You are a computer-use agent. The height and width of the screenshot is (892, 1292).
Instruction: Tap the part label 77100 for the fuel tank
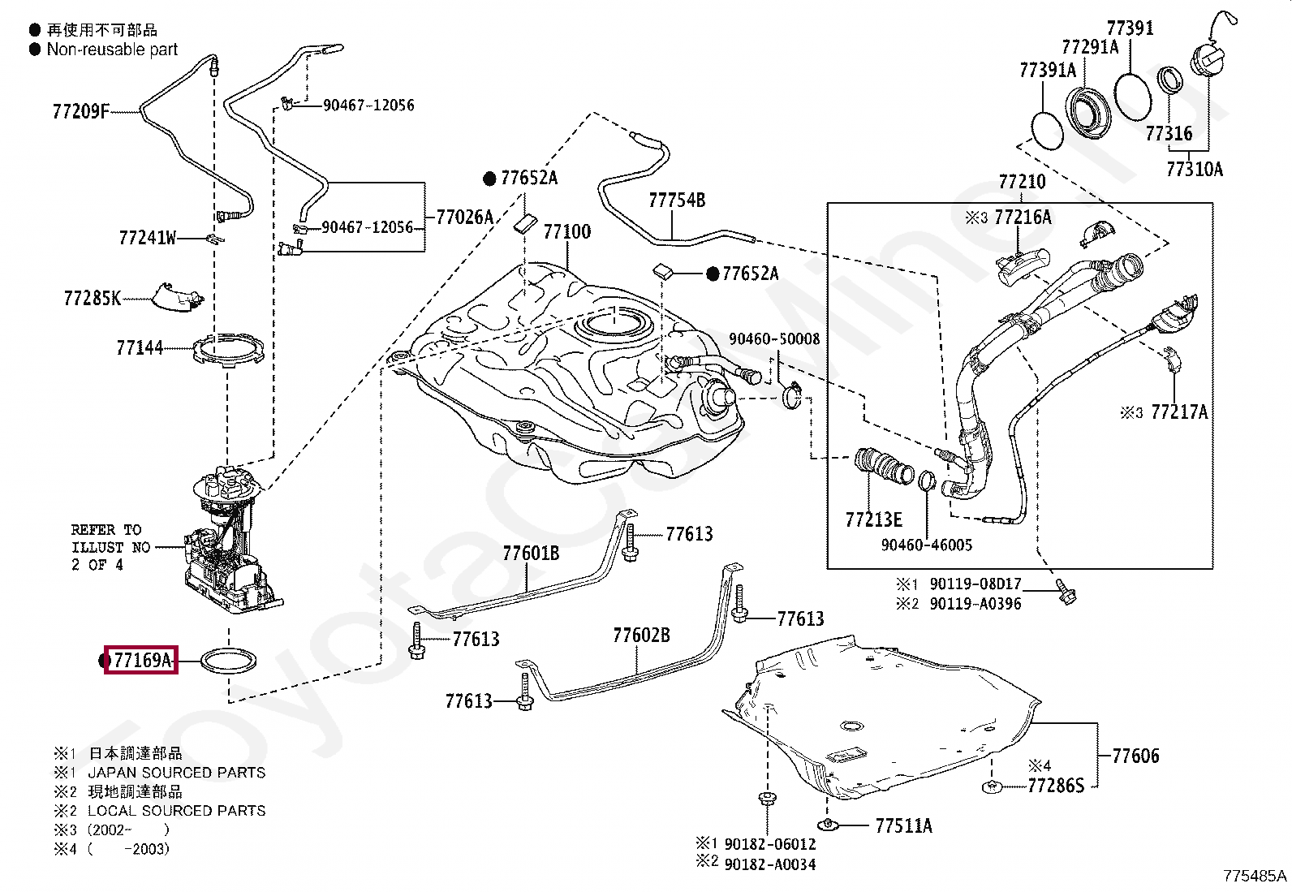(567, 232)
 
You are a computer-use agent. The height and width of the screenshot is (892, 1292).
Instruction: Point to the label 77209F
(80, 111)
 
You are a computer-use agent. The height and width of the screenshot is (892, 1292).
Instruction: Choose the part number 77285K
(93, 299)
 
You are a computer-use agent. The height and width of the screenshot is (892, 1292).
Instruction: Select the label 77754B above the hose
(677, 200)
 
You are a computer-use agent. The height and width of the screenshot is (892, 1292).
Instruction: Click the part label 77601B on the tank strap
(531, 554)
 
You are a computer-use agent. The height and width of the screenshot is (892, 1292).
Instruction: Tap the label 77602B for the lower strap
(641, 636)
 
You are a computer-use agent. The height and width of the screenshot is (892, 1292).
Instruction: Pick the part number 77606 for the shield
(1135, 756)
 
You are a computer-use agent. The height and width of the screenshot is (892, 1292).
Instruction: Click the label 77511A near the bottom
(904, 825)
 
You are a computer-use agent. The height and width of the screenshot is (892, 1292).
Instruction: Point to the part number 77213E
(873, 519)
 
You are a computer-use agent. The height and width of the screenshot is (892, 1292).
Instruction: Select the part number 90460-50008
(774, 338)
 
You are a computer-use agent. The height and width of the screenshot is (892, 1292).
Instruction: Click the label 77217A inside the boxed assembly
(1179, 412)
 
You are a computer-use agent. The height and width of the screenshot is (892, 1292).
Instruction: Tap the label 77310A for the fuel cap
(1195, 169)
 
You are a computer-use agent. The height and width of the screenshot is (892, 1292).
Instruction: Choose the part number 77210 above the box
(1022, 182)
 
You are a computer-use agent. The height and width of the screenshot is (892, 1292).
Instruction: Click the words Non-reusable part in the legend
(112, 50)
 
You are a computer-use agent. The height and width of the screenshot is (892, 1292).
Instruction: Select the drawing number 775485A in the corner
(1255, 876)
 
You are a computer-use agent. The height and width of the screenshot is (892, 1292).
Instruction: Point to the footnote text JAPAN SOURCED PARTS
(176, 773)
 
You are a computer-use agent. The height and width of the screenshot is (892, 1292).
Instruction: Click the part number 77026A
(465, 217)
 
